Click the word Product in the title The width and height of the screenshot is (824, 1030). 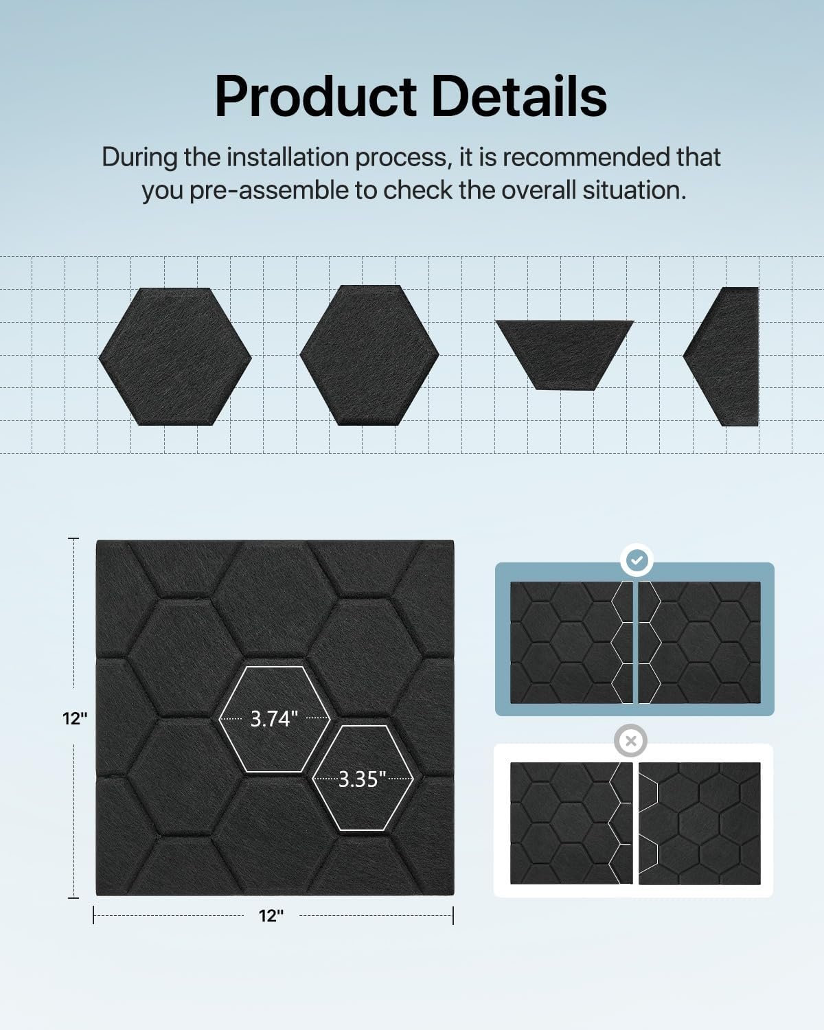tap(315, 96)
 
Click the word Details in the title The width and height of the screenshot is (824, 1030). tap(519, 96)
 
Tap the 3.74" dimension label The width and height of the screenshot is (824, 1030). tap(273, 718)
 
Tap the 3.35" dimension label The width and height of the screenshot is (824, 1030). tap(362, 779)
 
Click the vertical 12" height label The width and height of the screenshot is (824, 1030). tap(74, 718)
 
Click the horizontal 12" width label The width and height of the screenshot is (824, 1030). tap(271, 915)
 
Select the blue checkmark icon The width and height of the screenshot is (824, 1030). tap(637, 560)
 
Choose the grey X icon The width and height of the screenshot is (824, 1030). tap(631, 741)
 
